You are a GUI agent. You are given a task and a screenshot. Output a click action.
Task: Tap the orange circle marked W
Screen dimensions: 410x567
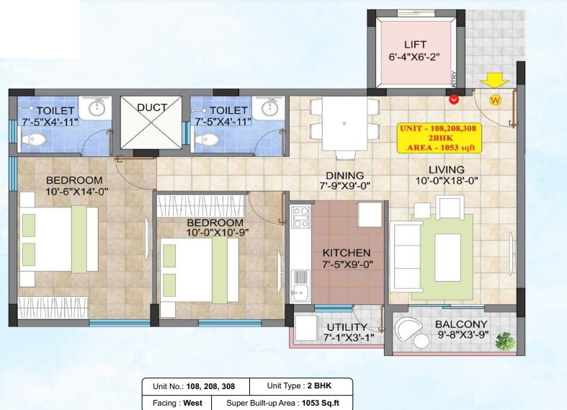[x=495, y=100]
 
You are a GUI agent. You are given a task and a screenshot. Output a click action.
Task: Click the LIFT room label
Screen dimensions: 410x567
[x=415, y=45]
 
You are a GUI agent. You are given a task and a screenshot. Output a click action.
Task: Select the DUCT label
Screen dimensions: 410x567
[x=152, y=107]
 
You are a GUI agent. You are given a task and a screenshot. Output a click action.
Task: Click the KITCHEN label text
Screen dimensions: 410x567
[x=346, y=253]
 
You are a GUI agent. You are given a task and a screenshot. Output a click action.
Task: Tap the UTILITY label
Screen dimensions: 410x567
[x=348, y=326]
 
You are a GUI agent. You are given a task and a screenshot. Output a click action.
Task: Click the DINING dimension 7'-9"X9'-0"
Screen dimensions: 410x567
[x=344, y=186]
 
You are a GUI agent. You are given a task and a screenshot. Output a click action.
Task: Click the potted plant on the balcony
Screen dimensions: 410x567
[x=506, y=339]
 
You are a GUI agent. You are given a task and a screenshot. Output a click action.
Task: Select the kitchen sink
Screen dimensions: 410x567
[x=299, y=292]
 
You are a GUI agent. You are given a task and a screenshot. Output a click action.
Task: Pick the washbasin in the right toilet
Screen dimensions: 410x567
[x=271, y=108]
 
